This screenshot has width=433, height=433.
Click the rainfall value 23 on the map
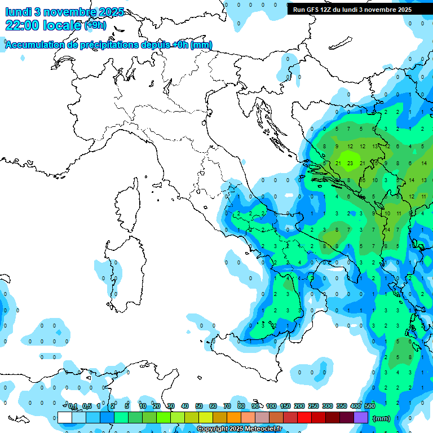tap(350, 164)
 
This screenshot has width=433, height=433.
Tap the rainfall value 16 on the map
tap(363, 180)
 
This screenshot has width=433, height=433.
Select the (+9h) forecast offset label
tap(94, 25)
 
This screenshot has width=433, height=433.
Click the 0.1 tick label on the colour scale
tap(73, 406)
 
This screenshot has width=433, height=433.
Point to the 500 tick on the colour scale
tap(370, 406)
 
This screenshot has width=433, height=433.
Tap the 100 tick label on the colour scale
tap(271, 406)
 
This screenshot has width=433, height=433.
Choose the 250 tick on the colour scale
tap(313, 406)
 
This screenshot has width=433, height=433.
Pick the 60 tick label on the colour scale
tap(213, 406)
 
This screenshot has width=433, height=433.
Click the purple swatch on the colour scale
tap(361, 418)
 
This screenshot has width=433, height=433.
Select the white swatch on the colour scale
tap(65, 418)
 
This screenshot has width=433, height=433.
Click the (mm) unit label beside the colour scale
tap(381, 418)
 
